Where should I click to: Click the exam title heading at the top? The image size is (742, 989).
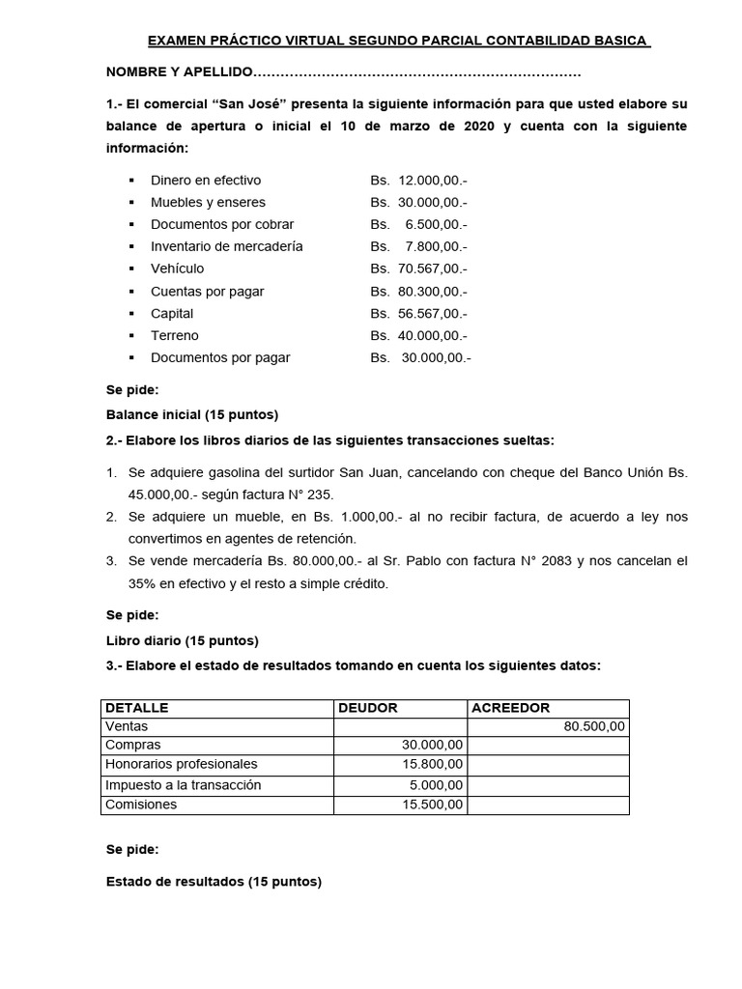click(398, 42)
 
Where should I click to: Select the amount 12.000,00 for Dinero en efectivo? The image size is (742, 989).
click(431, 180)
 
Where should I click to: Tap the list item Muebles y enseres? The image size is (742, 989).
click(208, 202)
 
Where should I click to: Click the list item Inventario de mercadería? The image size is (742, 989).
click(226, 246)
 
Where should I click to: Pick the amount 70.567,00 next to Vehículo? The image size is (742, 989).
click(431, 268)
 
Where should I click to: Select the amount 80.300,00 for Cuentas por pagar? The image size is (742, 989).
click(431, 291)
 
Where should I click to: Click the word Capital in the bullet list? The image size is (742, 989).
click(172, 313)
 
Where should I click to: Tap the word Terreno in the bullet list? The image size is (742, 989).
click(175, 335)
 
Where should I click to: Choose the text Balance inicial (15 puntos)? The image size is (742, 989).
click(191, 414)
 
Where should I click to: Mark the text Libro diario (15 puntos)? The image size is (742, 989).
click(182, 639)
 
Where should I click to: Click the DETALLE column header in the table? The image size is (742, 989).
click(136, 708)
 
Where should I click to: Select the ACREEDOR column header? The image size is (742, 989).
click(510, 708)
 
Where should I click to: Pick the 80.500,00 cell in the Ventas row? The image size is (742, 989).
click(594, 726)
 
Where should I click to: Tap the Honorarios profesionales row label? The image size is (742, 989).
click(182, 765)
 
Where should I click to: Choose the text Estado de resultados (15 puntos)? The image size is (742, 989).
click(214, 881)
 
